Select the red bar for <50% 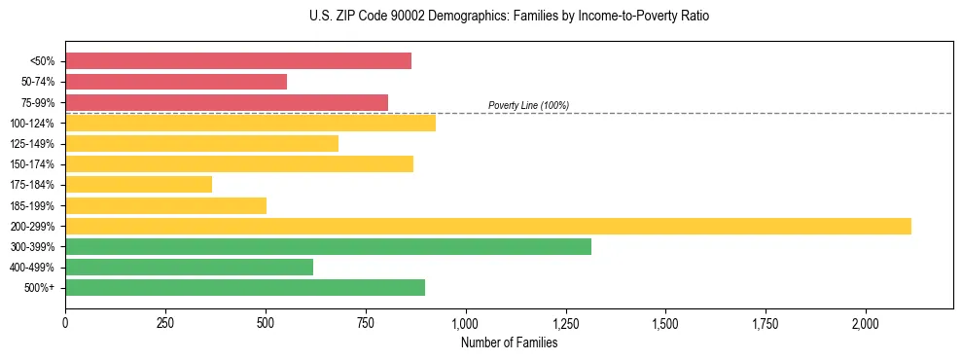point(238,61)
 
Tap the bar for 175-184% point(138,185)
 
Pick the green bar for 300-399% point(328,246)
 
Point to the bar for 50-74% point(176,82)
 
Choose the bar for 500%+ point(245,287)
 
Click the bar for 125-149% point(201,144)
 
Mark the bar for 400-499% point(189,267)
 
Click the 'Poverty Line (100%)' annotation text point(528,105)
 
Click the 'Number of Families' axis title point(509,342)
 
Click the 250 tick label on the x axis point(165,323)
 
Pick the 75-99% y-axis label point(38,103)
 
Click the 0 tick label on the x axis point(65,323)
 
